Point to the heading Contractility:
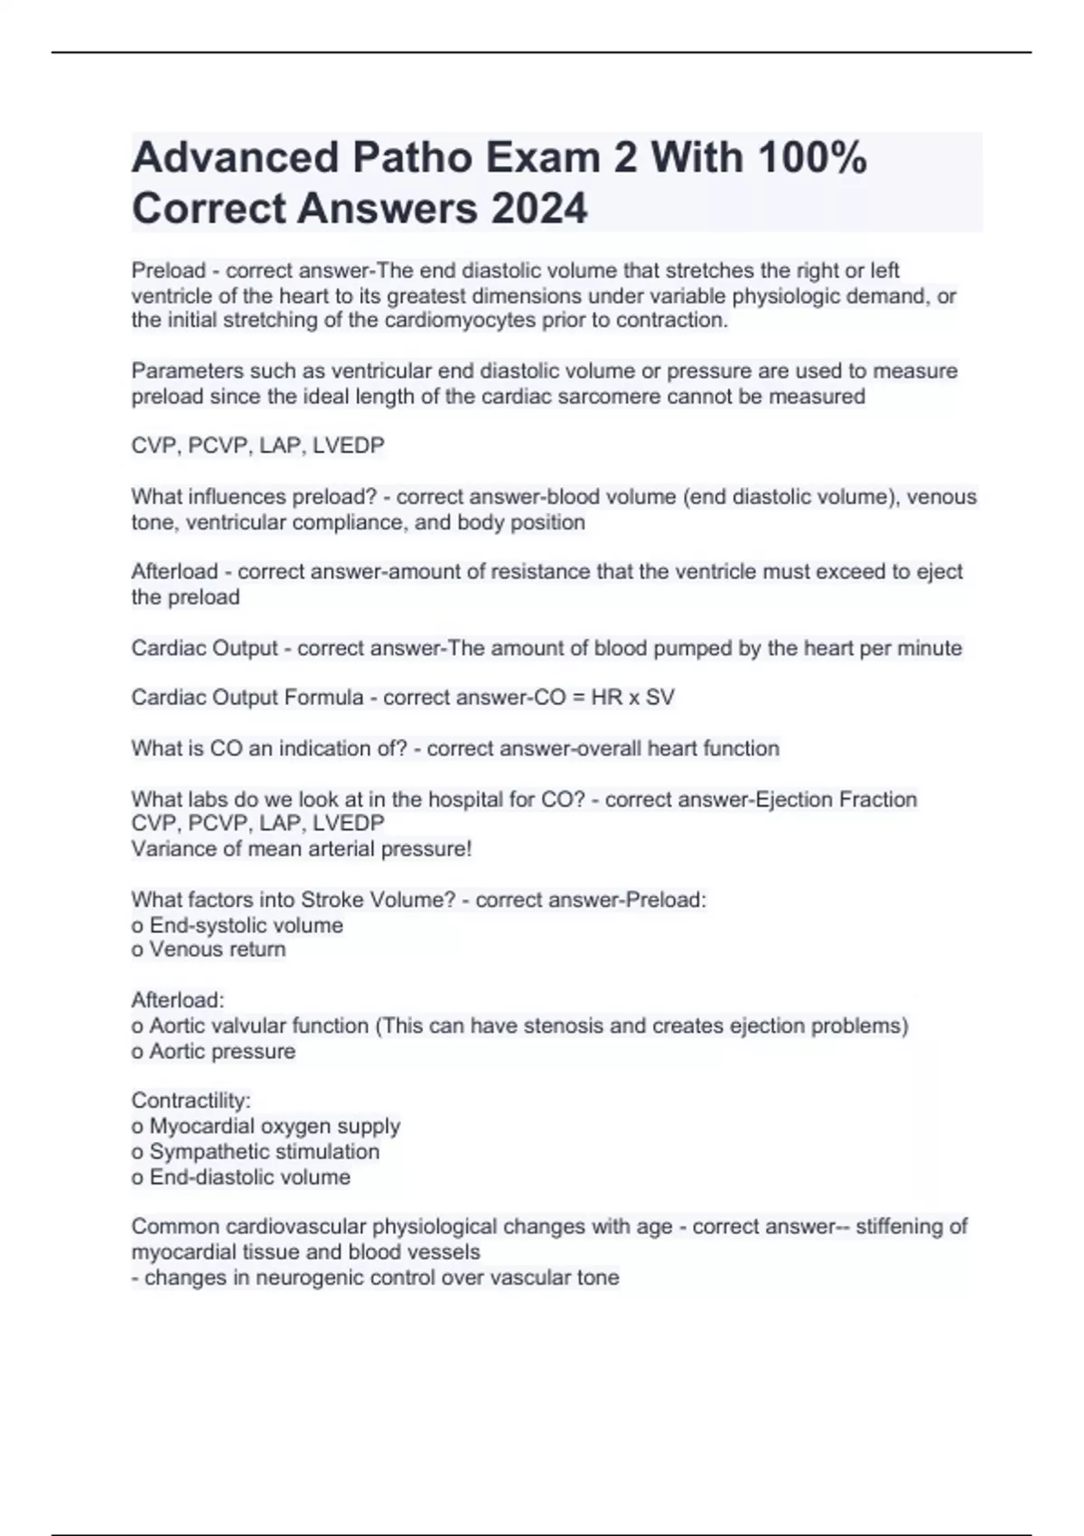tap(191, 1100)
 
